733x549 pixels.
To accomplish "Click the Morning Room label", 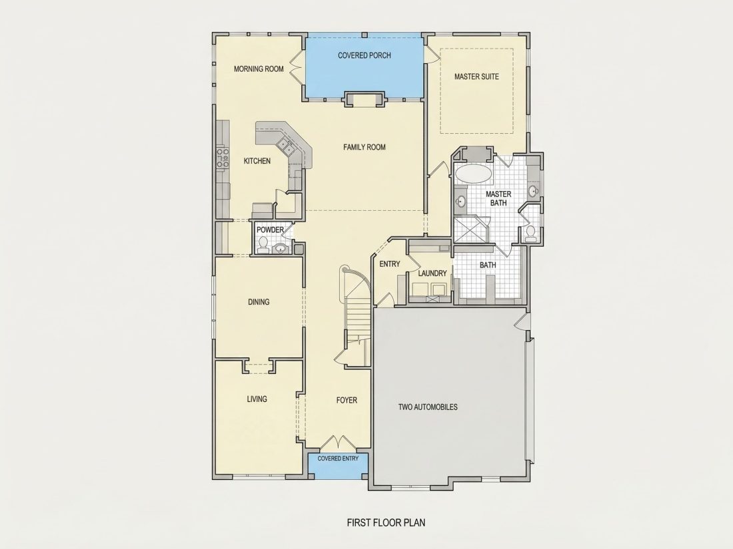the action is click(x=259, y=69).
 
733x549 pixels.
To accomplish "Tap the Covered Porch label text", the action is click(x=364, y=55).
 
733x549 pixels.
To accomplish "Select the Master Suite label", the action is click(x=476, y=77).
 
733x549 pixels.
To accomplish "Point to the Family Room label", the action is click(x=364, y=147).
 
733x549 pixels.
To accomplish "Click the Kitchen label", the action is click(x=257, y=161).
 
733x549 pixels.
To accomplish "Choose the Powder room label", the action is click(x=270, y=230).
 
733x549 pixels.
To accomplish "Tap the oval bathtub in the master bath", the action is click(x=473, y=174).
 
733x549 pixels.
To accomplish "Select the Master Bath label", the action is click(x=498, y=198).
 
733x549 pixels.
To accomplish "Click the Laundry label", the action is click(x=432, y=273).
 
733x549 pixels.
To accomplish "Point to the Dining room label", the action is click(x=259, y=302).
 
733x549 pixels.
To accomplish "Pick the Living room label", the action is click(x=257, y=399).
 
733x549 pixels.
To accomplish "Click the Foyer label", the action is click(x=347, y=401).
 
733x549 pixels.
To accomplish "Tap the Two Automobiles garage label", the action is click(x=428, y=407).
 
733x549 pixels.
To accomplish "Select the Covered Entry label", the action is click(x=338, y=458).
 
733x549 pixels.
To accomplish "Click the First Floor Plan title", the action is click(x=386, y=522).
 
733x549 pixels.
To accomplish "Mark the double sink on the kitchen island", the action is click(x=285, y=146).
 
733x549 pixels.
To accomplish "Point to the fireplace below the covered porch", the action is click(x=364, y=98).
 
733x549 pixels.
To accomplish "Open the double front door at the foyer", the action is click(x=338, y=443).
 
